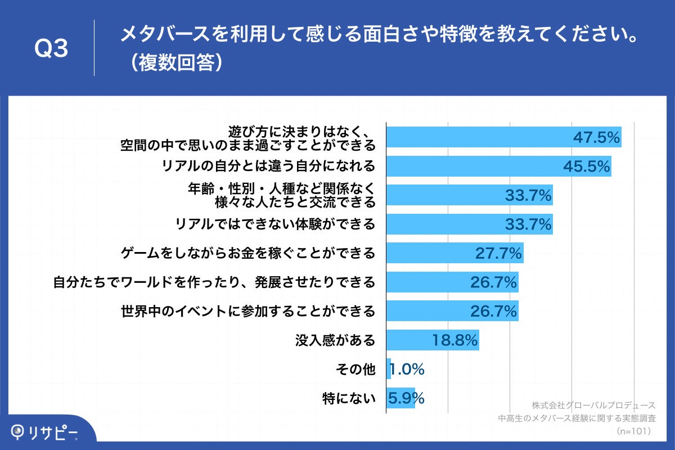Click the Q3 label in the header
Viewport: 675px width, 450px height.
click(51, 49)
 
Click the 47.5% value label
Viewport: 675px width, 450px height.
click(596, 137)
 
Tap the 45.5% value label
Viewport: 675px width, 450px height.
click(587, 166)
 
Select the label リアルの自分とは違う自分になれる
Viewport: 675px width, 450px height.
click(268, 166)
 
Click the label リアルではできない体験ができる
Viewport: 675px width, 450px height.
click(275, 224)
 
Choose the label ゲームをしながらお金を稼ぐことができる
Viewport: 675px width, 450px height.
click(248, 253)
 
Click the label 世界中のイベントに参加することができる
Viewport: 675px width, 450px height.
click(248, 311)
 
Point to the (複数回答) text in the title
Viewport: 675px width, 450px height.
click(172, 63)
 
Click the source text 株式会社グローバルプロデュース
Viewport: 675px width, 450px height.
click(593, 405)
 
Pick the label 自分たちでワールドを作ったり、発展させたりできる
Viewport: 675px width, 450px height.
click(214, 282)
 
